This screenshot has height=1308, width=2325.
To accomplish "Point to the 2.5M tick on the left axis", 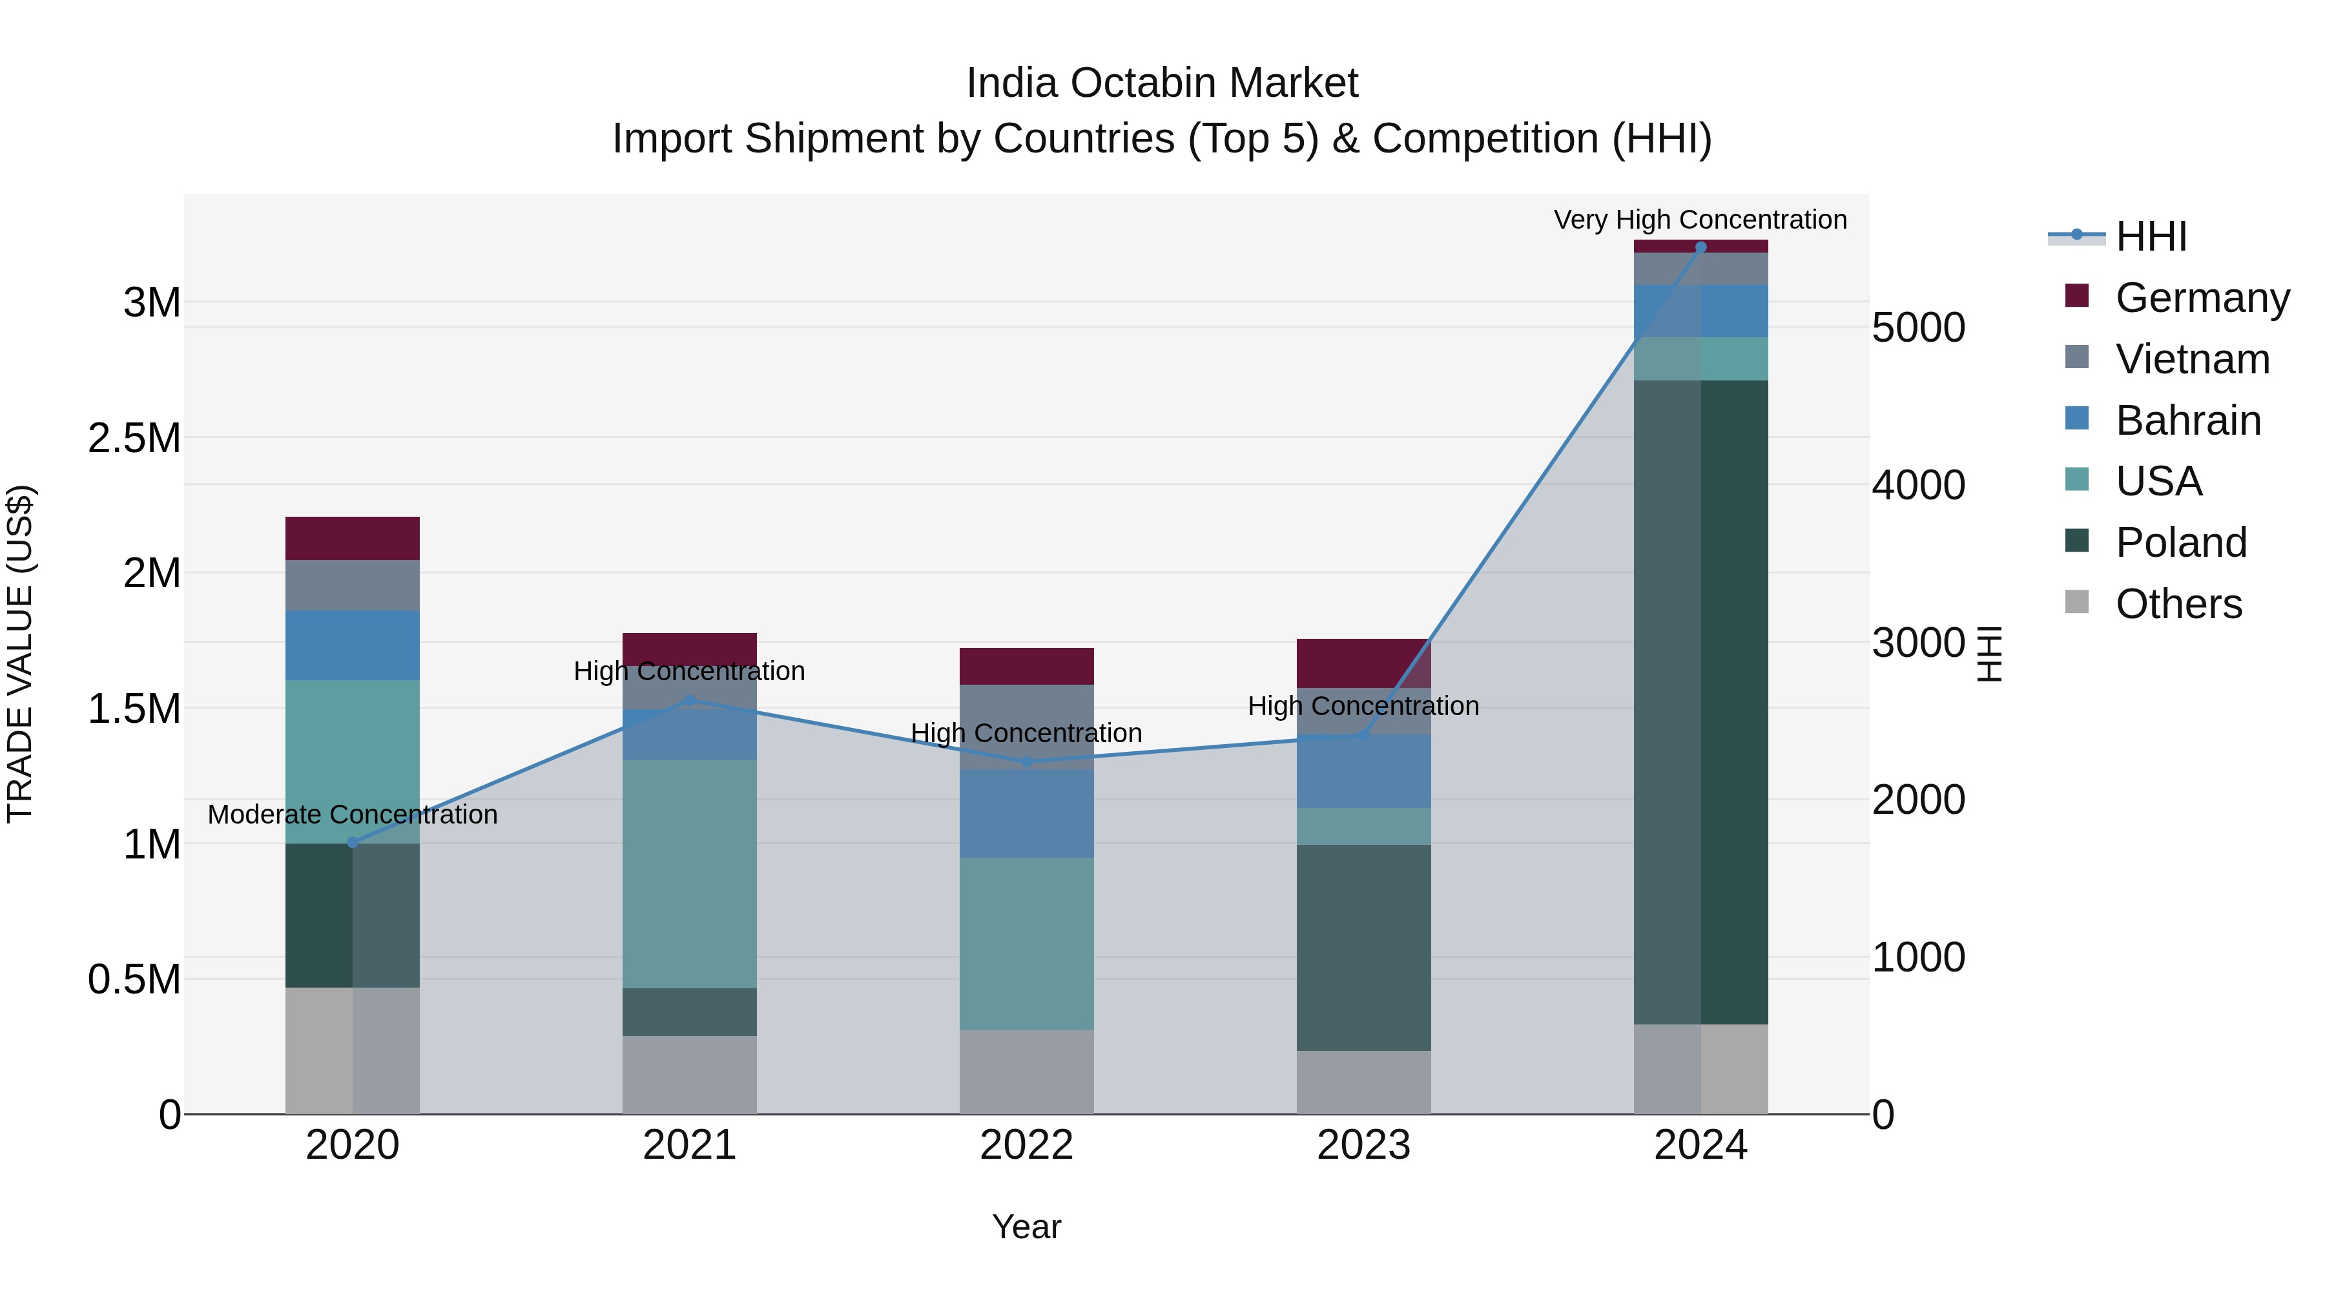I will pyautogui.click(x=134, y=438).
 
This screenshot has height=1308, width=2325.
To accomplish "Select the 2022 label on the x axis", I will pyautogui.click(x=1026, y=1145).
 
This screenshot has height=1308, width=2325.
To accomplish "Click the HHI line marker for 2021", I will pyautogui.click(x=690, y=700).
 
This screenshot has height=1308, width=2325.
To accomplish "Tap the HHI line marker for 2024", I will pyautogui.click(x=1700, y=247).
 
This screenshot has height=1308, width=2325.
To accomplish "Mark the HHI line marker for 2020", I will pyautogui.click(x=353, y=842).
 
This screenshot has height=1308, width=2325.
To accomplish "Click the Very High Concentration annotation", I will pyautogui.click(x=1700, y=220).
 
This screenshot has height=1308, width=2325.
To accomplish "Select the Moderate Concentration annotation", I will pyautogui.click(x=353, y=815).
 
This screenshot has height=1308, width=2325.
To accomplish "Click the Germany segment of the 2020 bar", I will pyautogui.click(x=353, y=538).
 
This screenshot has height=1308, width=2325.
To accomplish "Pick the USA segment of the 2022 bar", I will pyautogui.click(x=1026, y=943).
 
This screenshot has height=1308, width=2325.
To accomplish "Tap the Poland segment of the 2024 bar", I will pyautogui.click(x=1700, y=701).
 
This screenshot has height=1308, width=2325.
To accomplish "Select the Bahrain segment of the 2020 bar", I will pyautogui.click(x=353, y=645).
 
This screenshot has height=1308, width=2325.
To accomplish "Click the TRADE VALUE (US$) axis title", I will pyautogui.click(x=20, y=654).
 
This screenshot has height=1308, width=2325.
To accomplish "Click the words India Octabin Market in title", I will pyautogui.click(x=1162, y=83).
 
